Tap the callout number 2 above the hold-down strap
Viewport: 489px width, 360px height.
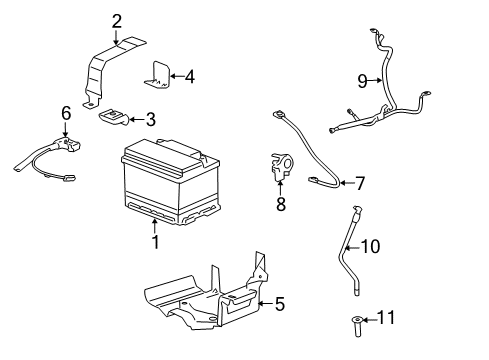[117, 20]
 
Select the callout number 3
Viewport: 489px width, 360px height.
[150, 120]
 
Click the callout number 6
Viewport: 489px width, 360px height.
[66, 114]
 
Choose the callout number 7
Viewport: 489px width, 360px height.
[361, 182]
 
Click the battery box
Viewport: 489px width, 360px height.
[167, 185]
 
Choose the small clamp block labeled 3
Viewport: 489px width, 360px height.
[113, 117]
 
